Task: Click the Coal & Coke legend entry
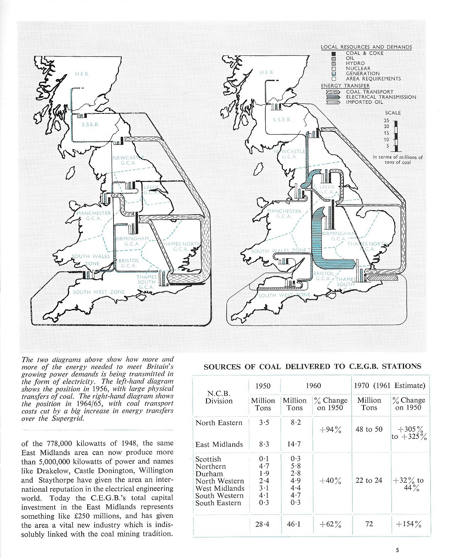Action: pos(364,53)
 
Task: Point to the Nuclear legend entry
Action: pos(358,68)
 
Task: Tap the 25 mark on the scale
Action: pos(386,120)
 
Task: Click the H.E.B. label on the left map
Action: pos(82,74)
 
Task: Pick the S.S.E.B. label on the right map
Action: pos(281,119)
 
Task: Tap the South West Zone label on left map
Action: pos(99,292)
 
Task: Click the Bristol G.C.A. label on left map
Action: pos(128,263)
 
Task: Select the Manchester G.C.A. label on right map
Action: pos(284,213)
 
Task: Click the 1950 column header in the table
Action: pos(263,386)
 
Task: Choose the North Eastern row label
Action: pos(219,422)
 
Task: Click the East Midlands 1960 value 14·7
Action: pos(294,444)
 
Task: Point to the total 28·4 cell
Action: pos(263,524)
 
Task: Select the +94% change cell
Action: pos(330,430)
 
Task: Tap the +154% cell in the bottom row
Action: pos(408,524)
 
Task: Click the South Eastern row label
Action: pos(218,503)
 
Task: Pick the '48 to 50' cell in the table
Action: pos(369,429)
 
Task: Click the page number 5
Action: pos(397,550)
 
